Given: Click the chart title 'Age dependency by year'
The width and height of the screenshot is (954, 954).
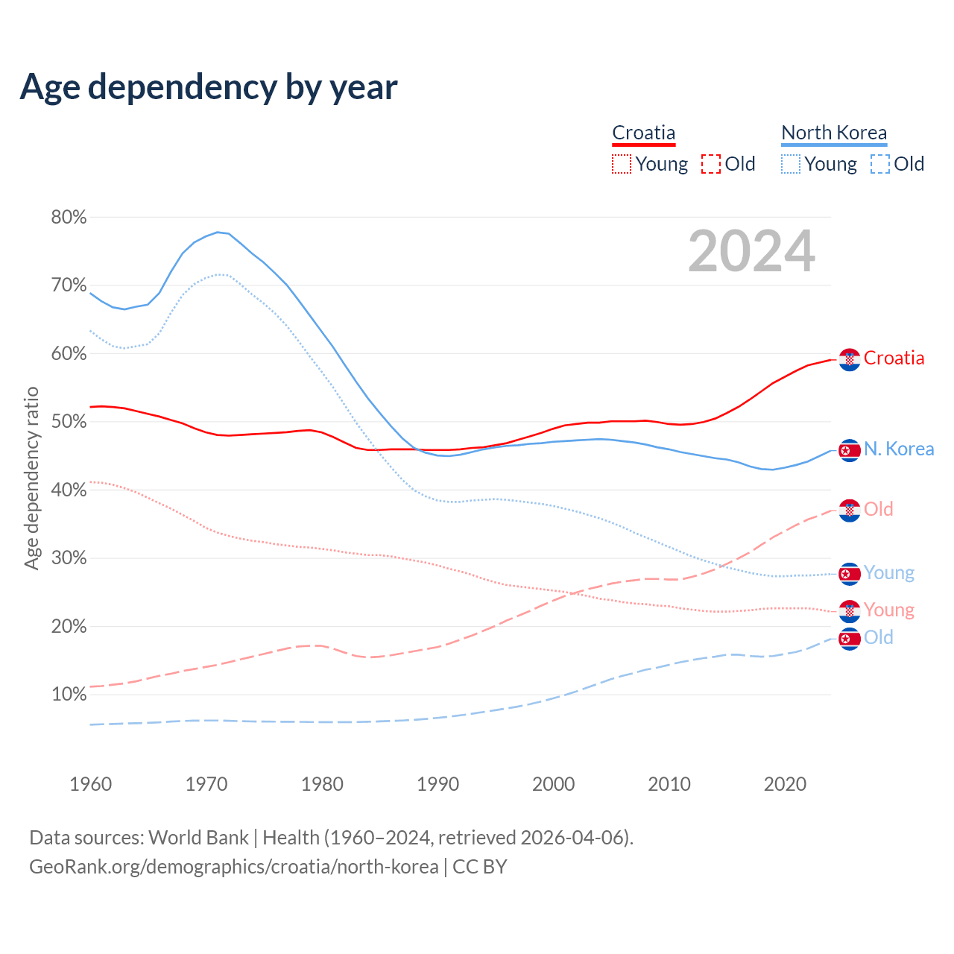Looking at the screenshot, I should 209,86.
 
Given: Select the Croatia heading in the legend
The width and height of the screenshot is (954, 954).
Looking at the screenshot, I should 643,133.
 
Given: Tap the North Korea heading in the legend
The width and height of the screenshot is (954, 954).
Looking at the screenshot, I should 834,133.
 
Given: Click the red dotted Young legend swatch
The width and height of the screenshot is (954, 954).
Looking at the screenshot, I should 622,164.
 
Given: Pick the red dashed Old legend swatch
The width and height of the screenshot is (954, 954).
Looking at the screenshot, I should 711,164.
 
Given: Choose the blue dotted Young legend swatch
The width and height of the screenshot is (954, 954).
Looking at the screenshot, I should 791,164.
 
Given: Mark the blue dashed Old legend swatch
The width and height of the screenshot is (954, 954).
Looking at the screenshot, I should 880,164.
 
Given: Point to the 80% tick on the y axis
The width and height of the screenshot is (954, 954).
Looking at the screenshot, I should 69,217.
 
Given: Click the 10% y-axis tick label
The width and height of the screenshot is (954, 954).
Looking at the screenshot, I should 69,695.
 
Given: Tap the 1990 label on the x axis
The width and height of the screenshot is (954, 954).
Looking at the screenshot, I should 437,784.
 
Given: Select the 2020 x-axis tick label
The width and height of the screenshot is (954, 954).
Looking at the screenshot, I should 785,784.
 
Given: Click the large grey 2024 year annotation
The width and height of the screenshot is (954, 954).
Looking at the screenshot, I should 751,251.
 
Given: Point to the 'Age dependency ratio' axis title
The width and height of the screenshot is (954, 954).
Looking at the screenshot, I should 31,478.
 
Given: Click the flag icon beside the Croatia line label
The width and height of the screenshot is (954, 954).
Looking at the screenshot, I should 850,359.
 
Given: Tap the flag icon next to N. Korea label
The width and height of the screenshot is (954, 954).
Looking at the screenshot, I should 850,450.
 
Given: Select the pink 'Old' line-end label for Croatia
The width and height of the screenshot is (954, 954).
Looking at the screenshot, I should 878,509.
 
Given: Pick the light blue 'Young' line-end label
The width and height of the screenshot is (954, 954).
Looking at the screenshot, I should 888,573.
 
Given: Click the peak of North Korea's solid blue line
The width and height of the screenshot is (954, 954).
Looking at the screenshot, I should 218,232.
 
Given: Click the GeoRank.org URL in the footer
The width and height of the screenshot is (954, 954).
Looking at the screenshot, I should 234,867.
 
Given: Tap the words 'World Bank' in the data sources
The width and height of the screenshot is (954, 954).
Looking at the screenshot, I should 198,837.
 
